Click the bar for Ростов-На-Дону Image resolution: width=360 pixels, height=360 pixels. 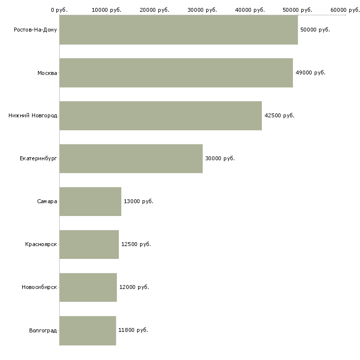pos(179,30)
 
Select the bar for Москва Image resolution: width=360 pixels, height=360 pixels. pos(176,73)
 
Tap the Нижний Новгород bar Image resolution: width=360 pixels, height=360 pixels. pos(160,116)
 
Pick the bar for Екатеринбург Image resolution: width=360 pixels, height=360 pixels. pos(131,159)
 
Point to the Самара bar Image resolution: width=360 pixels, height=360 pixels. pos(90,202)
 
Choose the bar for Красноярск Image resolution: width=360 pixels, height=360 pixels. pos(89,245)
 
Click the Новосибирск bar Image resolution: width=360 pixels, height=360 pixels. pos(88,288)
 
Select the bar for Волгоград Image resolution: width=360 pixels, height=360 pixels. pos(87,330)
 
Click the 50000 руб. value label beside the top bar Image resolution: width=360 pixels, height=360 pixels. pos(315,30)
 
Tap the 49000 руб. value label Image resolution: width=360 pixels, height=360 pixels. pos(310,73)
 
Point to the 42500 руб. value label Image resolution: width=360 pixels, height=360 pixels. pos(279,116)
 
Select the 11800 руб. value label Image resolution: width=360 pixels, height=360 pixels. pos(133,330)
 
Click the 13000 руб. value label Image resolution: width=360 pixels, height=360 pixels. pos(138,202)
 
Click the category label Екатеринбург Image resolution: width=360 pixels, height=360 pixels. pos(38,159)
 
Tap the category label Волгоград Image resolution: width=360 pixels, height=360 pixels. pos(43,330)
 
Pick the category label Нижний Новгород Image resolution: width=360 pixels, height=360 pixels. pos(33,116)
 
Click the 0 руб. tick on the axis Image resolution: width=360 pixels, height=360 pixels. pos(59,10)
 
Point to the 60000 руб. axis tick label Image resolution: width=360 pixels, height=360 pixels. pos(345,10)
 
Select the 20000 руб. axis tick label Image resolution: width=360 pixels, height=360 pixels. pos(155,10)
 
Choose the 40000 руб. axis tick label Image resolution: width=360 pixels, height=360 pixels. pos(250,10)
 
